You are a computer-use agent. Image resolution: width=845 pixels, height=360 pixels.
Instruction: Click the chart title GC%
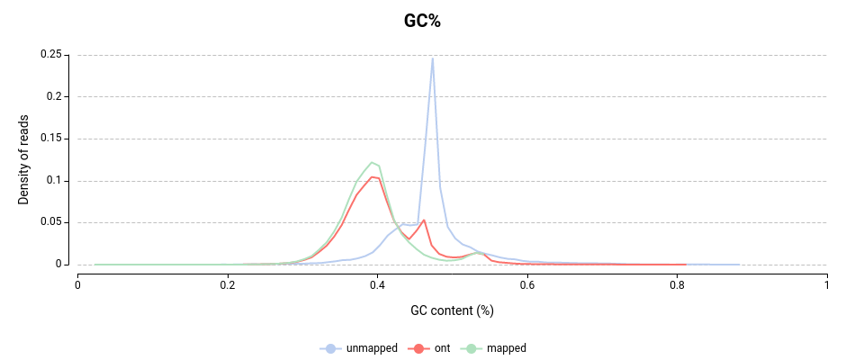point(422,22)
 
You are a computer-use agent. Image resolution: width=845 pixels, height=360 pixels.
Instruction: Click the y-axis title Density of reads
point(24,160)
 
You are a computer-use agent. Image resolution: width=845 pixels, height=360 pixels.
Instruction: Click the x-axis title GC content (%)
point(452,310)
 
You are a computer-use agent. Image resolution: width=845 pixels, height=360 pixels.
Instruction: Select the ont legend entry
point(442,348)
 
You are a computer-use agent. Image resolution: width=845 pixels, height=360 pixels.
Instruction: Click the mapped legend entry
point(505,348)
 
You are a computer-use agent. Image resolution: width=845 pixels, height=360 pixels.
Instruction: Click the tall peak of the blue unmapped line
point(433,59)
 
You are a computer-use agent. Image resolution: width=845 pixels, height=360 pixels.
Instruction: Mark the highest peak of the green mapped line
point(372,162)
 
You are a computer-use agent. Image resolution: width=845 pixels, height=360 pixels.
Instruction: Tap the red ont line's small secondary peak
point(424,220)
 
